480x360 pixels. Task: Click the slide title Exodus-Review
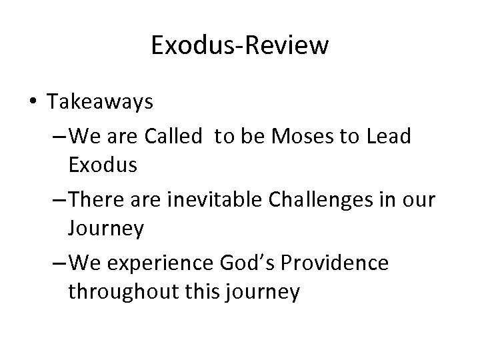(x=239, y=45)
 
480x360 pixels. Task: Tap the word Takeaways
(x=100, y=102)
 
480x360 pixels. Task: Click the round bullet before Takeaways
(x=33, y=102)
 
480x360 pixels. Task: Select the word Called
(x=171, y=136)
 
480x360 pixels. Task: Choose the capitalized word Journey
(x=105, y=229)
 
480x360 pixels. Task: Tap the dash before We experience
(x=57, y=262)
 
